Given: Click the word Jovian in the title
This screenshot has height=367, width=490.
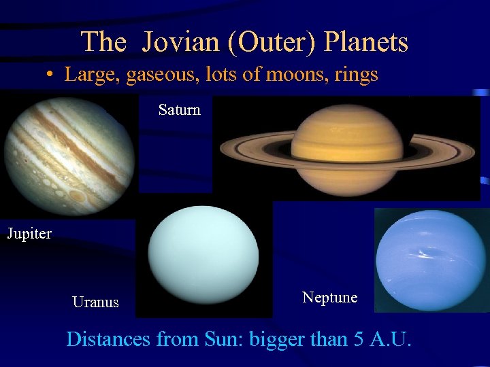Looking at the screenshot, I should point(182,42).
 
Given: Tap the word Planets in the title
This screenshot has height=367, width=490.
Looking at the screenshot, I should point(366,42).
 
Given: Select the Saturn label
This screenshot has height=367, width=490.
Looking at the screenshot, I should point(179,109).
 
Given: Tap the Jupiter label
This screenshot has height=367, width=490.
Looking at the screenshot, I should point(29,234).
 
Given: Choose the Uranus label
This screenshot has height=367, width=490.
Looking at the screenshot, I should point(95,302).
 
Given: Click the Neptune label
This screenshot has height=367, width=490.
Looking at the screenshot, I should point(329,297).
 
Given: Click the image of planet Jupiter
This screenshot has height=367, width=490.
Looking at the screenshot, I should point(68,156).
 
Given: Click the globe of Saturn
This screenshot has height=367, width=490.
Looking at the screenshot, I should point(347,146).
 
